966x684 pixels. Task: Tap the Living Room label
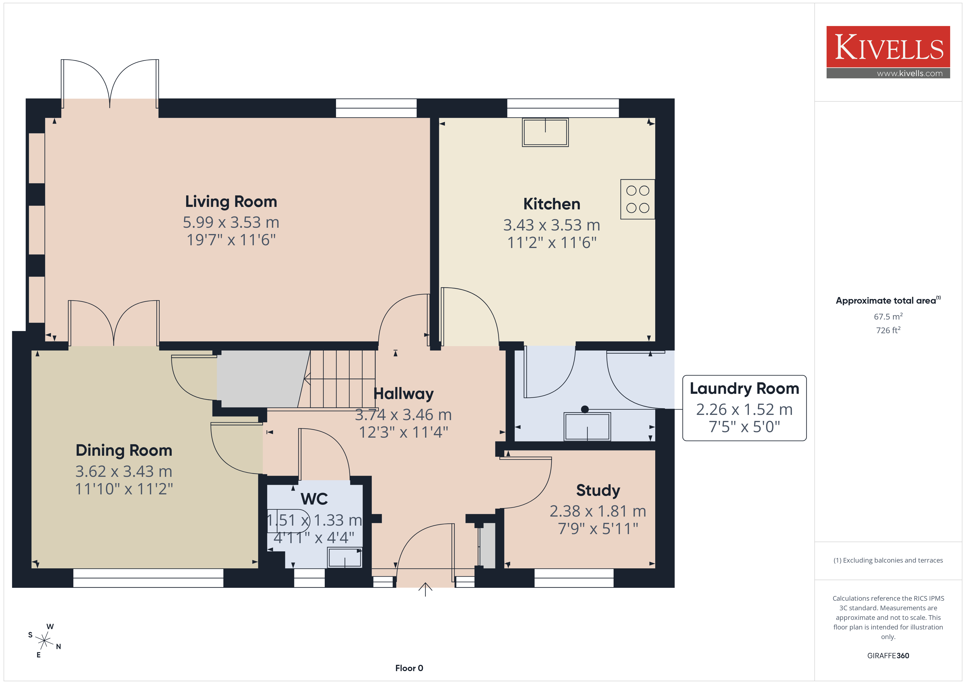pos(231,201)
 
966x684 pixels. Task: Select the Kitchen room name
pos(551,204)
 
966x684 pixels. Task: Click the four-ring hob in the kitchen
pos(637,199)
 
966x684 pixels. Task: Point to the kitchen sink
pos(545,132)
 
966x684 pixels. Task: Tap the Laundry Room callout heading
pos(744,388)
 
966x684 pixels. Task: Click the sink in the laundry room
pos(587,427)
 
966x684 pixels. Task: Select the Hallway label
pos(404,394)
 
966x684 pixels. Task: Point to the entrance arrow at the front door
pos(425,589)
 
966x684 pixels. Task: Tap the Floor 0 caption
pos(409,668)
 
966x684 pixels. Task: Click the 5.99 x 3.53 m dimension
pos(231,223)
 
